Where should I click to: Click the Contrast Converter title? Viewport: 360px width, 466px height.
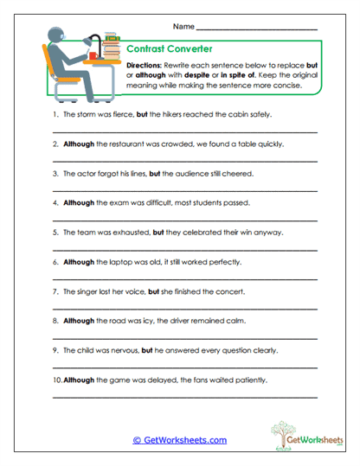164,50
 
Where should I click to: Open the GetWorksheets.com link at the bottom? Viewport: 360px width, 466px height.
179,440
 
